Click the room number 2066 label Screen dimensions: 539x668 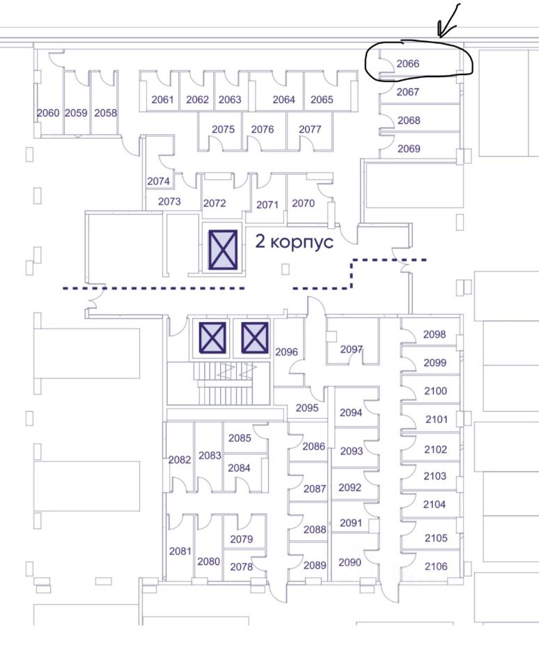click(x=408, y=63)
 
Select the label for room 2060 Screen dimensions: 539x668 click(x=48, y=113)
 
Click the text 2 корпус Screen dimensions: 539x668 click(x=295, y=242)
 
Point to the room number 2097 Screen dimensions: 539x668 click(x=352, y=349)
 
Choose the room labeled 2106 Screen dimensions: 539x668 click(x=435, y=566)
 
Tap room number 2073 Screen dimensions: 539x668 click(x=169, y=202)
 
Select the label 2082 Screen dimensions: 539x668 click(x=180, y=459)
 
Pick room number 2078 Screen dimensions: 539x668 click(x=241, y=566)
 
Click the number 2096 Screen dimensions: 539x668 click(x=286, y=352)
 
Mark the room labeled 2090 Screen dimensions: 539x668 click(x=350, y=562)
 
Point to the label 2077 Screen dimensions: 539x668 click(x=310, y=129)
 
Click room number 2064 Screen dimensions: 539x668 click(x=283, y=100)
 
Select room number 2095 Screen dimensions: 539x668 click(x=307, y=408)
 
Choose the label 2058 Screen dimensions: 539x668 click(x=105, y=113)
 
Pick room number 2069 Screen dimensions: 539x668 click(x=409, y=148)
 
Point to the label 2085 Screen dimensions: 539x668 click(x=240, y=438)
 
